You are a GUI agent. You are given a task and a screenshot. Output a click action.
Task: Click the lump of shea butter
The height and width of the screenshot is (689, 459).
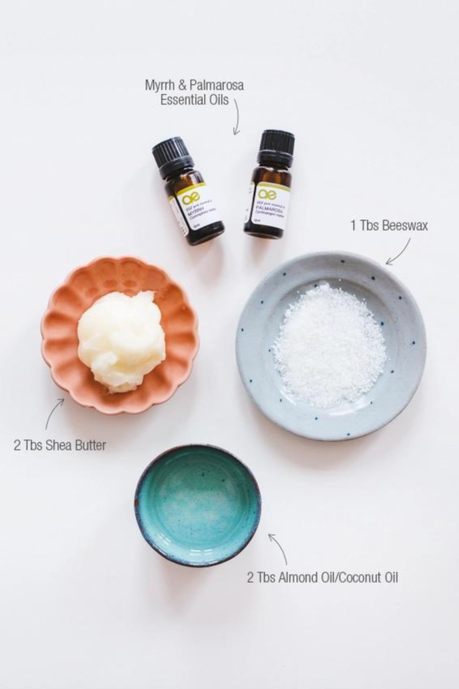click(121, 340)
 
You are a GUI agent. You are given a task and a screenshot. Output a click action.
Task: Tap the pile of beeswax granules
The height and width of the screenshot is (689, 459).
click(329, 344)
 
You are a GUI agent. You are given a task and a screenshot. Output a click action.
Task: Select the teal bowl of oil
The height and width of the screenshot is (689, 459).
click(198, 504)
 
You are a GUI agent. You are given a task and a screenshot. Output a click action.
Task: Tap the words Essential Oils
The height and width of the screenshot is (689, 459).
click(194, 100)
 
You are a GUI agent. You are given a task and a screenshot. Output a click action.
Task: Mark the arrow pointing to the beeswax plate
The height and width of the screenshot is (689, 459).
click(397, 252)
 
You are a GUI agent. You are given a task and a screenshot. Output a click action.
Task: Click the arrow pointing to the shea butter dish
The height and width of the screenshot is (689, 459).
click(53, 412)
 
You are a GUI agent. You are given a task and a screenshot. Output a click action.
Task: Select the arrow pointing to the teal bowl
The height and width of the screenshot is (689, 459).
click(278, 548)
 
